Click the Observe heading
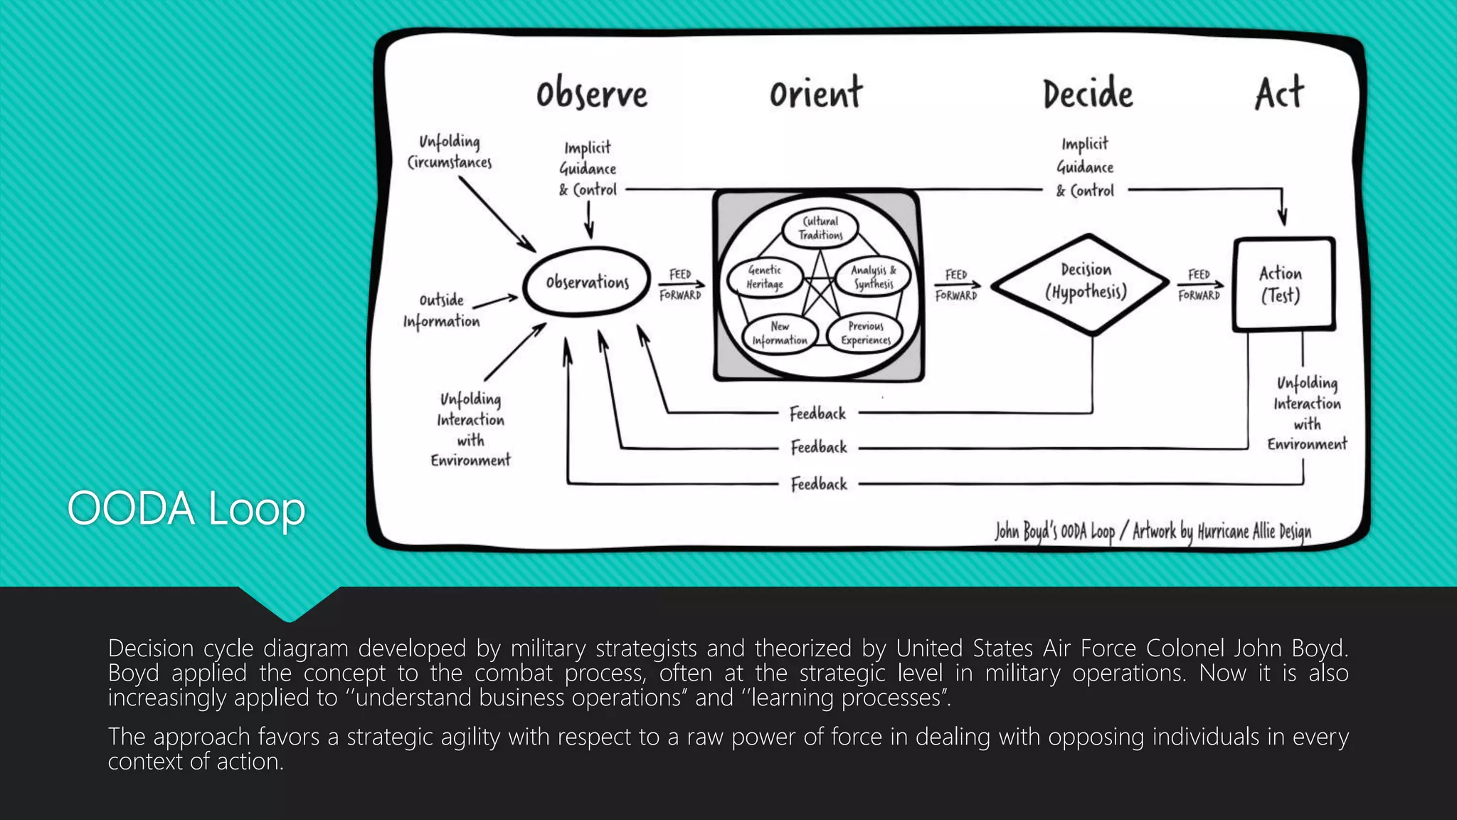coord(592,95)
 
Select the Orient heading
coord(816,93)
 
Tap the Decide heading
coord(1088,95)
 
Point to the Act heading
coord(1279,93)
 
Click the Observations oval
coord(587,282)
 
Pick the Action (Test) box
coord(1283,284)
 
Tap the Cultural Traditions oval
coord(820,228)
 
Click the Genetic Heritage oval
coord(765,277)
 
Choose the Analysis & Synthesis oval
coord(873,277)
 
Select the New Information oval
coord(780,333)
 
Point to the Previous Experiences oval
coord(865,333)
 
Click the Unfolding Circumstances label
coord(450,152)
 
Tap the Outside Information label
coord(442,310)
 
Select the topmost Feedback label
coord(817,414)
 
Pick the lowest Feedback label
coord(819,484)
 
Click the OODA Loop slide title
coord(186,508)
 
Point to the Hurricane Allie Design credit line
coord(1153,531)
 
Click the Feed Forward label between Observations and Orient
coord(680,285)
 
